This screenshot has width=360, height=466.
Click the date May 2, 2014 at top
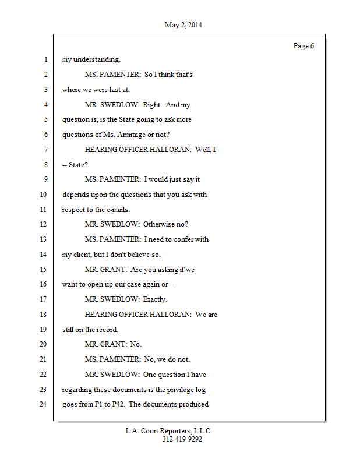(x=183, y=25)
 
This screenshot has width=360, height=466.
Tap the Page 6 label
(x=303, y=46)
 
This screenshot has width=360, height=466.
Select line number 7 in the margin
(x=45, y=150)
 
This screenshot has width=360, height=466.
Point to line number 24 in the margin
(x=43, y=404)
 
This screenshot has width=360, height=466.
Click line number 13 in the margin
(x=43, y=239)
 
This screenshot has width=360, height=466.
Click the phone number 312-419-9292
(x=182, y=439)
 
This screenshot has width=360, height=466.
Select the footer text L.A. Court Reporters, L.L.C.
(x=168, y=431)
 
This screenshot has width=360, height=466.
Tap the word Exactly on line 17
(x=155, y=299)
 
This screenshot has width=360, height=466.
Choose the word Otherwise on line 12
(x=160, y=224)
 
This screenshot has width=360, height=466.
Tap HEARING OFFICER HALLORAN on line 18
(x=138, y=315)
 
